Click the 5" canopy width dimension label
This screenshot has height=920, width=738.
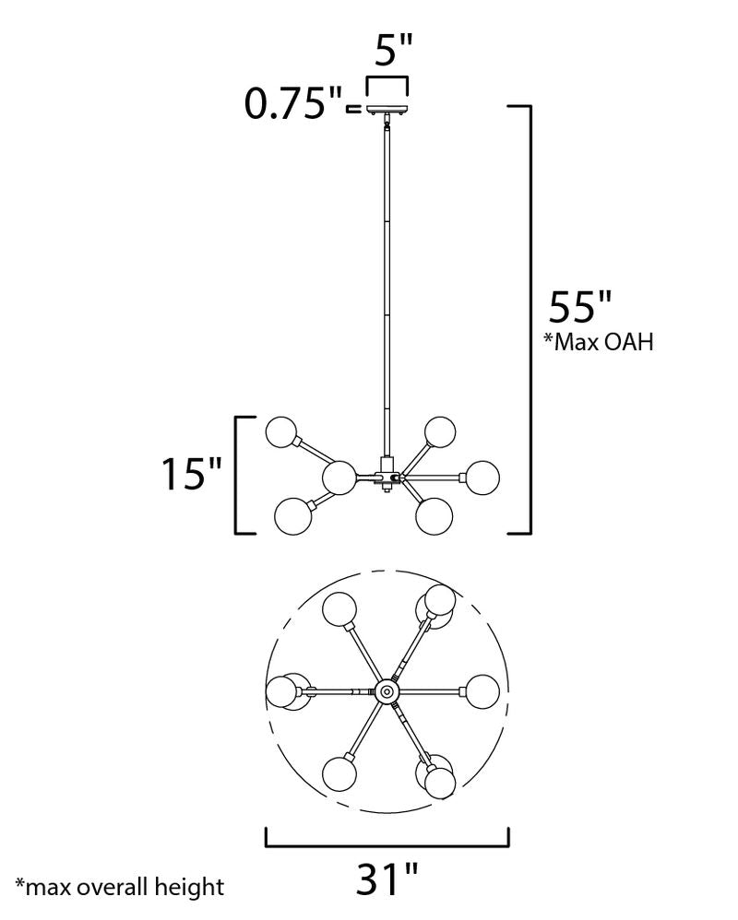[393, 50]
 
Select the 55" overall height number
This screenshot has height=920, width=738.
[580, 306]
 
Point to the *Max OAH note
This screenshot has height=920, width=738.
[599, 341]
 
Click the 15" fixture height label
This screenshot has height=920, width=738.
[191, 473]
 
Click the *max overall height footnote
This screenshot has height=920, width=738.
[120, 887]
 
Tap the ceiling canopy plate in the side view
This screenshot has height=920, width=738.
[387, 109]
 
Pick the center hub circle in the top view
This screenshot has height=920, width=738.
[387, 691]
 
